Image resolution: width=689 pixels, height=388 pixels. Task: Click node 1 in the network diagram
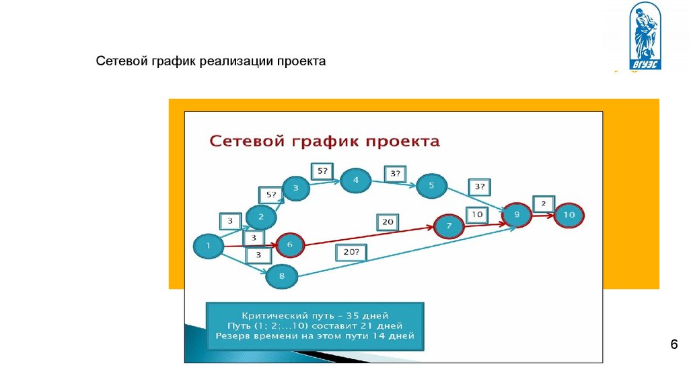[x=209, y=247]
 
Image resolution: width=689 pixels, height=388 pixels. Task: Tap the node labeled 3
[x=295, y=189]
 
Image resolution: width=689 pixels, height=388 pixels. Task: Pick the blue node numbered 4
[x=356, y=180]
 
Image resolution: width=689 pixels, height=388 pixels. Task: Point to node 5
[x=431, y=185]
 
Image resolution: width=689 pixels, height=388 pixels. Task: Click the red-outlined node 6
[x=290, y=245]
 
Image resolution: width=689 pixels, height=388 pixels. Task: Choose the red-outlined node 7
[x=449, y=226]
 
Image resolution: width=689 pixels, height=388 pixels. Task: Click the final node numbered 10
[x=569, y=216]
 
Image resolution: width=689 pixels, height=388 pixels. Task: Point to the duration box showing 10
[x=476, y=215]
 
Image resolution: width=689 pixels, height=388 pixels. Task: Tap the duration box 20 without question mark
[x=388, y=222]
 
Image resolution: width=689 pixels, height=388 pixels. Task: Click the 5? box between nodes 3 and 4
[x=321, y=171]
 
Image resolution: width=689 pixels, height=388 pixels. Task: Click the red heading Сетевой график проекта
[x=324, y=141]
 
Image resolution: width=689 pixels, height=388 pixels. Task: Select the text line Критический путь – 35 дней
[x=314, y=315]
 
